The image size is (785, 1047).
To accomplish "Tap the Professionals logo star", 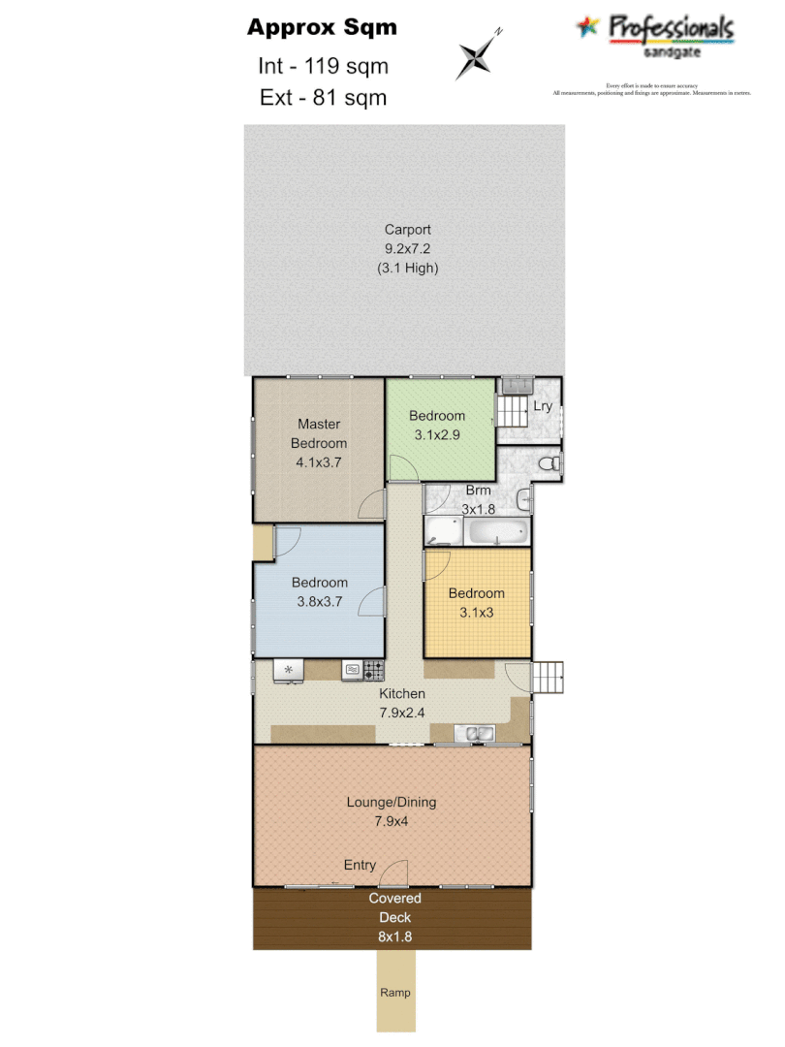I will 588,27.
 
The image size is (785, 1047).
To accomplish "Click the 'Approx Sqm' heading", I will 322,27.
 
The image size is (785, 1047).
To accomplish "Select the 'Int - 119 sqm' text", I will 323,66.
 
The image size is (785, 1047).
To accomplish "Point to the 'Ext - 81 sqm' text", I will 323,97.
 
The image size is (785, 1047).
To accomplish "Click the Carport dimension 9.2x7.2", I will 407,248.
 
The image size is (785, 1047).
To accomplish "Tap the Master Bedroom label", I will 319,433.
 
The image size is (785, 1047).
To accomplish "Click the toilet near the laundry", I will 549,464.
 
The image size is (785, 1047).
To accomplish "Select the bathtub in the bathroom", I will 497,531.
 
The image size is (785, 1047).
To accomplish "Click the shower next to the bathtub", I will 445,531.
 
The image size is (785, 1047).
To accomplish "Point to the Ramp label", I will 394,993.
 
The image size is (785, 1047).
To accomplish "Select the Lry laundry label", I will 543,406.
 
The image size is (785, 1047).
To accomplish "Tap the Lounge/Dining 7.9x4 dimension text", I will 392,821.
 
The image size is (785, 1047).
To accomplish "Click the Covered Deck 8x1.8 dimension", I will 394,936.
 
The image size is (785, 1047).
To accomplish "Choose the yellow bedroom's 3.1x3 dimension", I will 476,613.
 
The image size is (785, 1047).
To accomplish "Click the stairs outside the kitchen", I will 549,677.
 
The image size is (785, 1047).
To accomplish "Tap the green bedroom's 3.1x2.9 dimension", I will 436,435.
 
